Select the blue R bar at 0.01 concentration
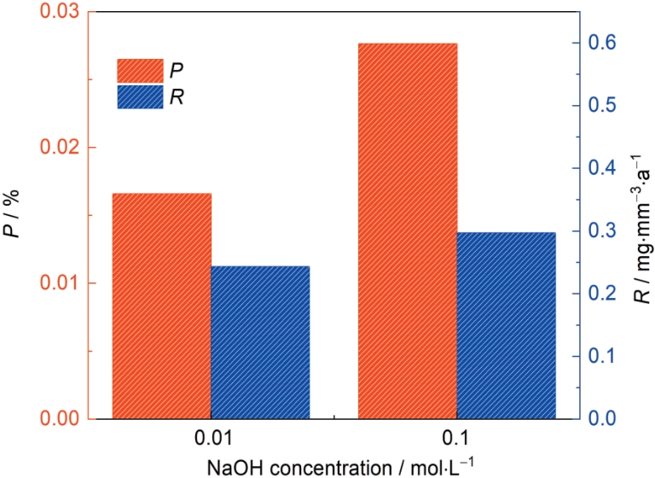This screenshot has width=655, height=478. click(260, 342)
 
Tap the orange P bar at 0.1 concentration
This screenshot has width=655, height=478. click(408, 230)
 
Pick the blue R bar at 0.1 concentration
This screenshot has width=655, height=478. click(507, 325)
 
